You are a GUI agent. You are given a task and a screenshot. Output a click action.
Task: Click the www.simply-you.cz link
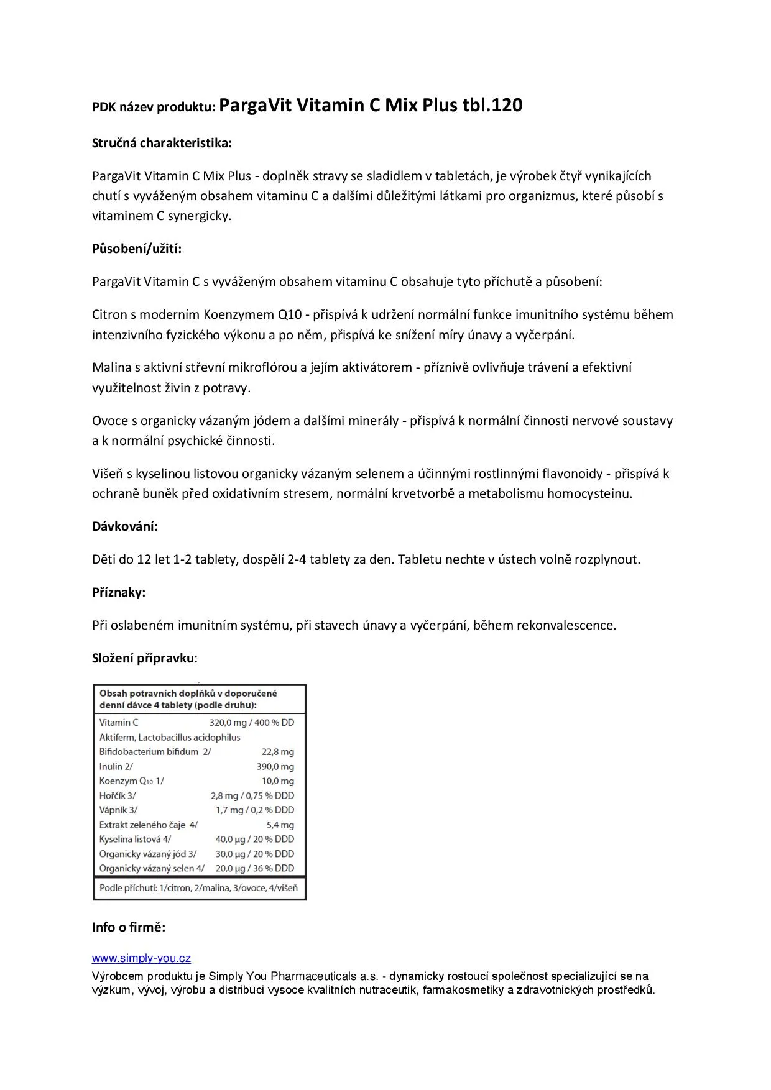coord(141,958)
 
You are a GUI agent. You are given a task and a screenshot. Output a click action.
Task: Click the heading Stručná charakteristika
coord(162,143)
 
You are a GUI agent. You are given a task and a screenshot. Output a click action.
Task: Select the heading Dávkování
coord(125,526)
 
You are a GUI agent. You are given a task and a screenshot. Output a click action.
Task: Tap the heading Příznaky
coord(119,592)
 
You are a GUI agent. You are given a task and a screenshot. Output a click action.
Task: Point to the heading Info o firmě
coord(129,927)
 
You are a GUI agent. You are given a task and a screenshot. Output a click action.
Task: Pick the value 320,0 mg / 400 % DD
coord(252,722)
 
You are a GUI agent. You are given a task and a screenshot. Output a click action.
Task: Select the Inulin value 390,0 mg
coord(275,766)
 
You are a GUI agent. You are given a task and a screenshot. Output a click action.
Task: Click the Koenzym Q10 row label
coord(131,781)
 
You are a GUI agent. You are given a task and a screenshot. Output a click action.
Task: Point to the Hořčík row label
coord(118,795)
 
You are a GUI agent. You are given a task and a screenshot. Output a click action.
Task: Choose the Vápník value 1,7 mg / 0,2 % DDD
coord(255,810)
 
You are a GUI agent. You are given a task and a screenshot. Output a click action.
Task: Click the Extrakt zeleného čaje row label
coord(148,825)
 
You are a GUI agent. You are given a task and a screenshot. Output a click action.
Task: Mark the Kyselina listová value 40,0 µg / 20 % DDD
coord(255,839)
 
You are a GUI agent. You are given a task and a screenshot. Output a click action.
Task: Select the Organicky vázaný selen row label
coord(152,868)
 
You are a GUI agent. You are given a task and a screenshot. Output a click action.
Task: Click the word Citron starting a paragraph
coord(109,314)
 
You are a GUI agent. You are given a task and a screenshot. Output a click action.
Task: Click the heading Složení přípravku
coord(144,658)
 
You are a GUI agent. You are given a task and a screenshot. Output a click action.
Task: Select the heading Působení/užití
coord(137,249)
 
